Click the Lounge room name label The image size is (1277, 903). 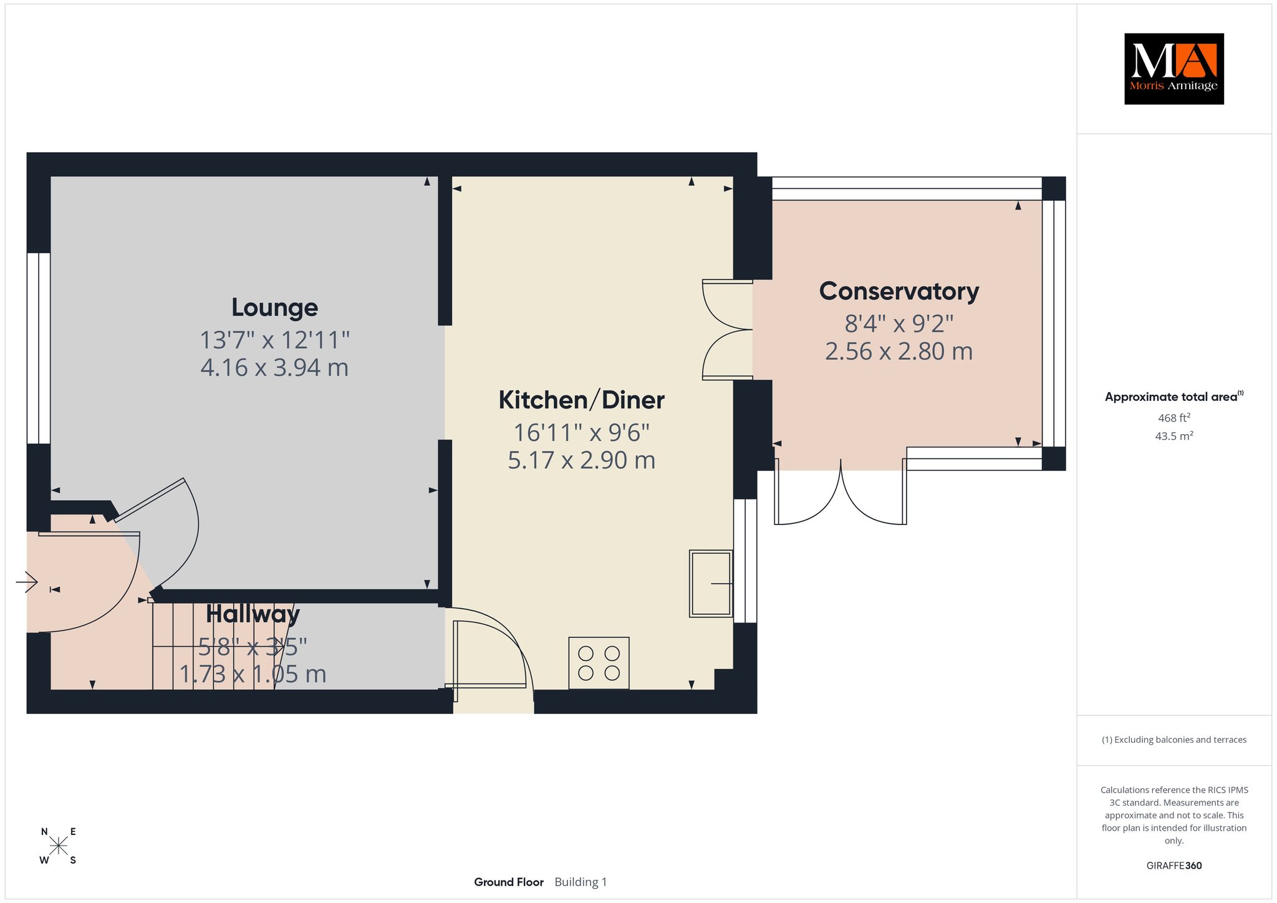click(274, 307)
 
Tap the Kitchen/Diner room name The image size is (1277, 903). click(581, 400)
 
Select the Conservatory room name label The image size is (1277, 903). click(899, 291)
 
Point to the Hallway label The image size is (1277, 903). click(253, 614)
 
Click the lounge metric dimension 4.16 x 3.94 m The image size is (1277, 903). click(274, 367)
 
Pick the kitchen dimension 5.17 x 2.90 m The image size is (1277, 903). click(581, 460)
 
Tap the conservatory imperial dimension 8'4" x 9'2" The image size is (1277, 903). click(899, 324)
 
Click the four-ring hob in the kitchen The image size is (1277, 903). click(599, 663)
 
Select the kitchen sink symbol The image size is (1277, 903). click(711, 584)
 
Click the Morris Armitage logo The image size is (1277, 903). click(1173, 69)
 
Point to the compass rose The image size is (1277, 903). click(59, 846)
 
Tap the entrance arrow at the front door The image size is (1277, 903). click(27, 582)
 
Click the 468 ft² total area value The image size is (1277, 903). click(1173, 418)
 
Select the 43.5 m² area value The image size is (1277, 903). click(1173, 436)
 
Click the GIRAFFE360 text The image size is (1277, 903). click(1173, 866)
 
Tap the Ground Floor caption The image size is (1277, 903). click(509, 882)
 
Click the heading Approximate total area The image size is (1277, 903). click(1171, 397)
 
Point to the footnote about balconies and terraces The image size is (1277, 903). click(1173, 740)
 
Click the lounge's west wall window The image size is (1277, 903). click(39, 348)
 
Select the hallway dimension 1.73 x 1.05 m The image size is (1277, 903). click(253, 674)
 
